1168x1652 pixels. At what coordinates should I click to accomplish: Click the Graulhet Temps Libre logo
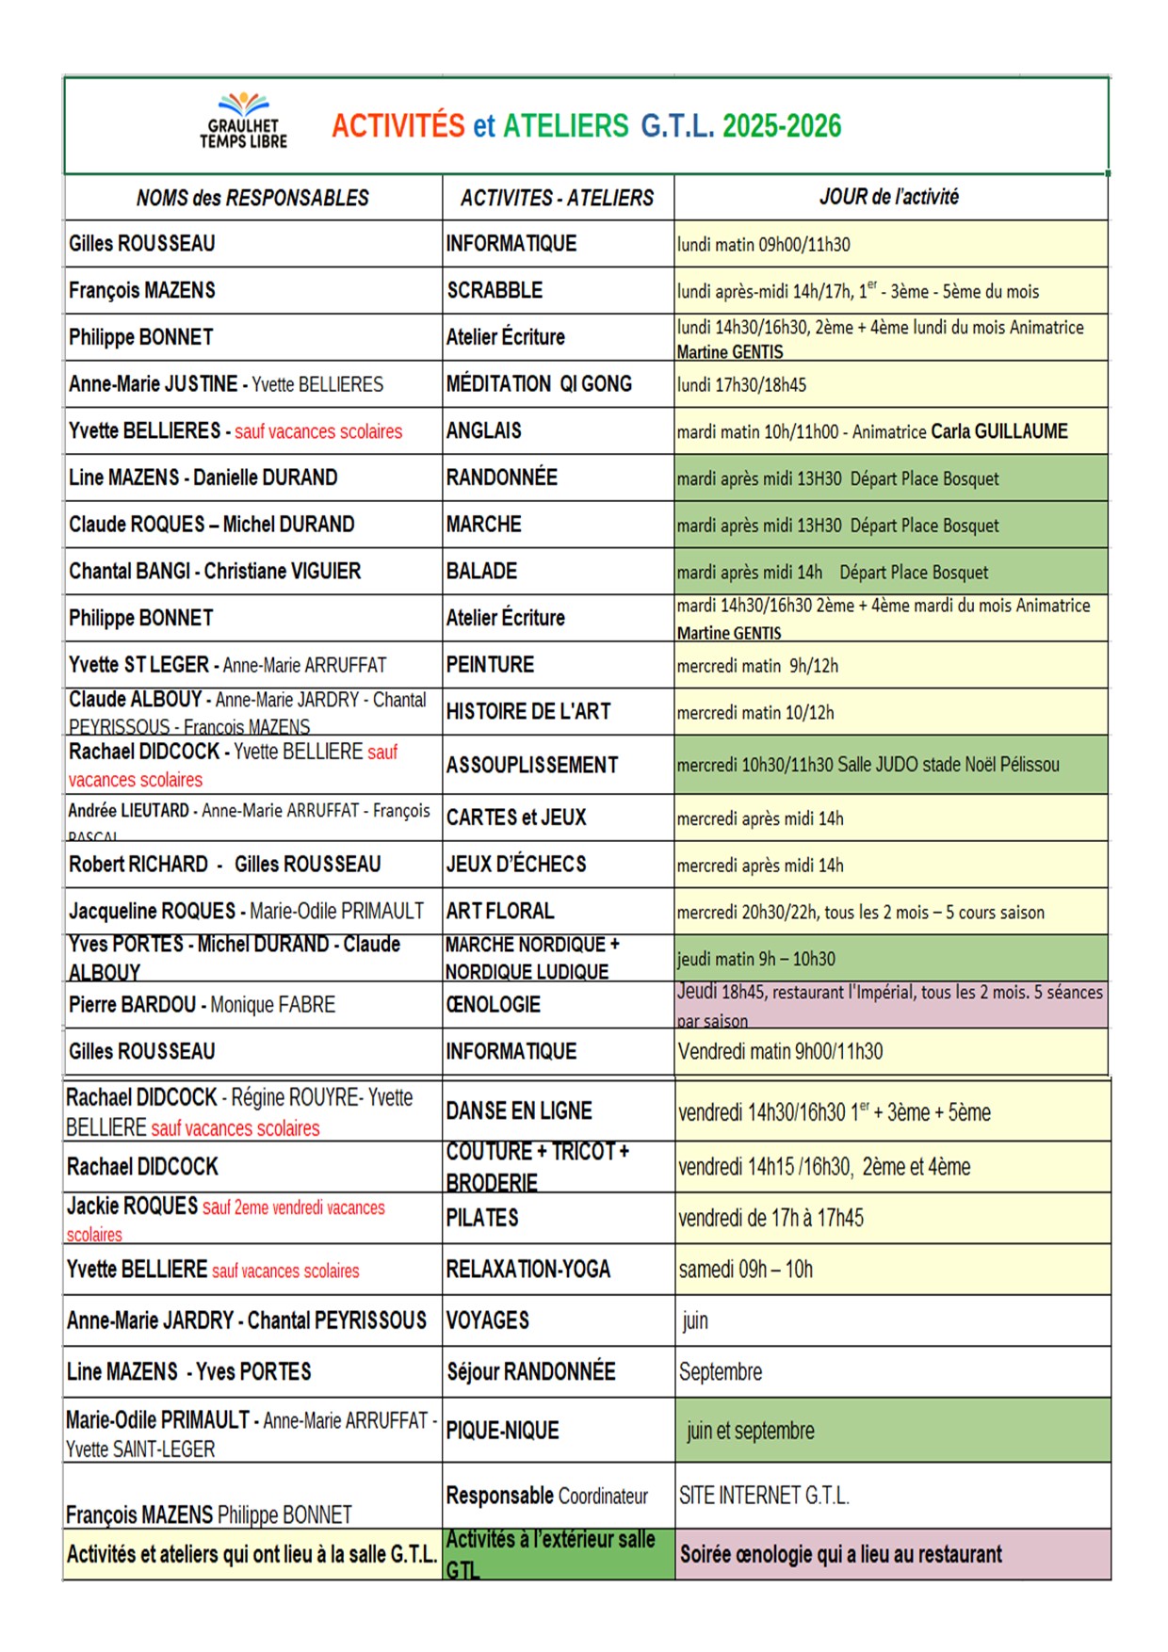coord(243,122)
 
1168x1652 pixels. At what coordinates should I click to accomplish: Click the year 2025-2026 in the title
coord(782,126)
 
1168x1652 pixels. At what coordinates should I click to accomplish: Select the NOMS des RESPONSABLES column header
coord(252,198)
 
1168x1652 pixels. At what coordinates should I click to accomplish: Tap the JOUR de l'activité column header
coord(889,197)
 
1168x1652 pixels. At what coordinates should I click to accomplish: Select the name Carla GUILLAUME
coord(999,431)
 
